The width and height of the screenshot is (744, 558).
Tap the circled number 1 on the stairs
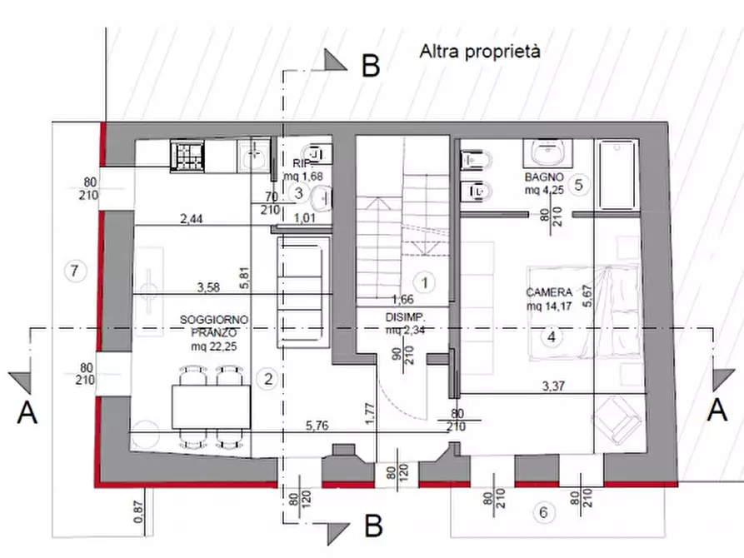[x=425, y=282]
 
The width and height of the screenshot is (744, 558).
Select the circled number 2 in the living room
[x=267, y=379]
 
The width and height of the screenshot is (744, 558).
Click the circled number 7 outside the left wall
[x=75, y=270]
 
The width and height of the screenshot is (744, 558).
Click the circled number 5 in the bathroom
[x=581, y=185]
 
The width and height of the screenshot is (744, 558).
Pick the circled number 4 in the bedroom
[x=550, y=337]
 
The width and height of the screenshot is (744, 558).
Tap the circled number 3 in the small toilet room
[x=299, y=193]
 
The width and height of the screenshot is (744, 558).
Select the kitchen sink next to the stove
[x=253, y=155]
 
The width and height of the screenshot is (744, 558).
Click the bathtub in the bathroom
[x=617, y=174]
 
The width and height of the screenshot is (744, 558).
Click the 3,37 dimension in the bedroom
[x=555, y=386]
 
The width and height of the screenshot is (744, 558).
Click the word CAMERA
[x=548, y=292]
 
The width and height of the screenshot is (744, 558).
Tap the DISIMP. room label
[x=406, y=317]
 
